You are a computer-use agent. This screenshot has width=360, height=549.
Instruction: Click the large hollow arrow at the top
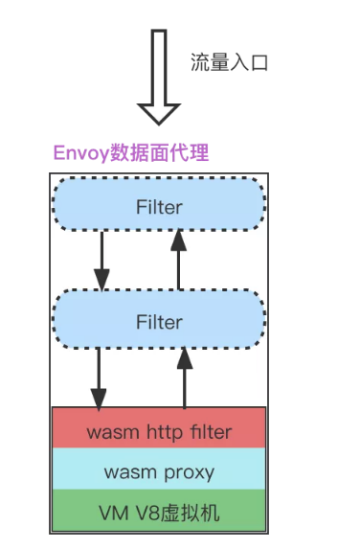(x=160, y=77)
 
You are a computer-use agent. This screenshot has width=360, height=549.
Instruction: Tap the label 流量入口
(x=230, y=63)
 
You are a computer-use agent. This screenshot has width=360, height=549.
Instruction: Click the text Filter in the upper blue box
(x=159, y=206)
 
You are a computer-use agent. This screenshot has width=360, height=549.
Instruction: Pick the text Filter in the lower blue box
(x=159, y=322)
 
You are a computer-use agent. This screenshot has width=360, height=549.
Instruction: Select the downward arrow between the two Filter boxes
(x=101, y=261)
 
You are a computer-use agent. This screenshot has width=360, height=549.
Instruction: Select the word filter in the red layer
(x=207, y=432)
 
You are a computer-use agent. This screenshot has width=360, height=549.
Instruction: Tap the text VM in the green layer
(x=112, y=513)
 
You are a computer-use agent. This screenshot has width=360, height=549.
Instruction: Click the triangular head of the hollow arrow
(x=160, y=111)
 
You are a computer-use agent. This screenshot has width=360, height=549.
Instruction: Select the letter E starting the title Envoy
(x=59, y=154)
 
